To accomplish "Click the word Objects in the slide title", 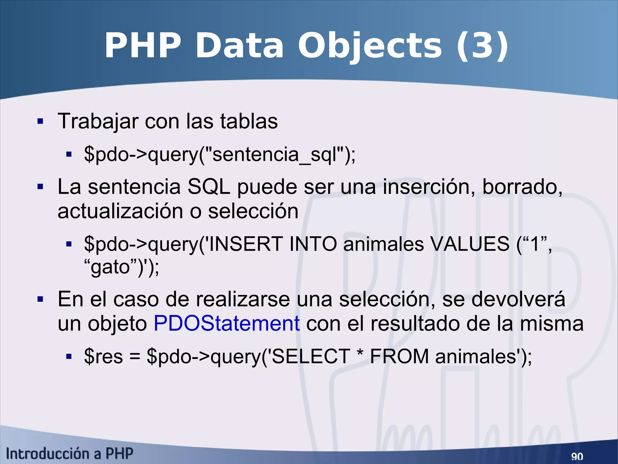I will tap(370, 46).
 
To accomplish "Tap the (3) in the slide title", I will tap(482, 46).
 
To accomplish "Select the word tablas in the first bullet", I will tap(249, 122).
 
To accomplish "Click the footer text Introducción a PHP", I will tap(69, 454).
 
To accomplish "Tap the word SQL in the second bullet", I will tap(209, 187).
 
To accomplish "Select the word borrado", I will tap(522, 187).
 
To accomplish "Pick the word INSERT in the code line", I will tap(246, 244).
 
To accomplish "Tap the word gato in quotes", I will tap(110, 267).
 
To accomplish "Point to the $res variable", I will tap(104, 356).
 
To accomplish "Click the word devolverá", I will tap(518, 299).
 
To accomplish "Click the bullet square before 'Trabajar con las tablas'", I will tap(40, 122).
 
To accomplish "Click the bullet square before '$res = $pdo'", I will tap(69, 357).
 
